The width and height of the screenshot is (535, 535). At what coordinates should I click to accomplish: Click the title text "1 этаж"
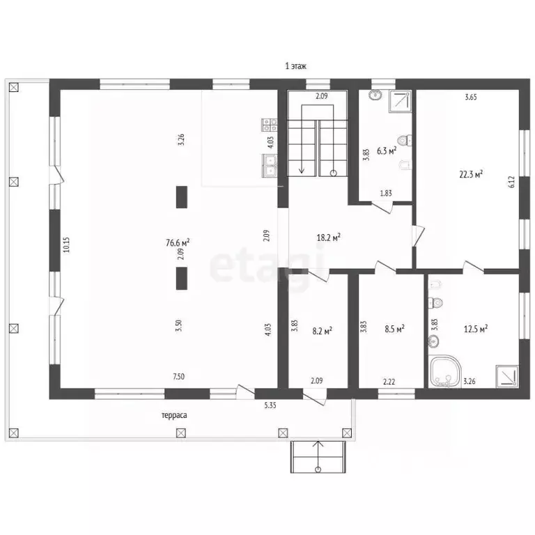click(296, 66)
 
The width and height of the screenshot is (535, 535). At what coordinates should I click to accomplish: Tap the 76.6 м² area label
click(178, 242)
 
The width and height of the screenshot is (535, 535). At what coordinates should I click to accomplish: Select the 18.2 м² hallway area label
click(329, 237)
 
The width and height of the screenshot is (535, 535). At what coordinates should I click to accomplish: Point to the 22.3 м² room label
click(471, 174)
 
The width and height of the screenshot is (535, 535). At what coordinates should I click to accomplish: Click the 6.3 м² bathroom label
click(387, 150)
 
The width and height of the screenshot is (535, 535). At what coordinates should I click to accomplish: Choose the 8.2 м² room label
click(323, 331)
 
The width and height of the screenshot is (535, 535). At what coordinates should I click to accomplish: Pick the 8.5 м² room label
click(395, 329)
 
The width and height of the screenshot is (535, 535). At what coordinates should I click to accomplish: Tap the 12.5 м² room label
click(476, 329)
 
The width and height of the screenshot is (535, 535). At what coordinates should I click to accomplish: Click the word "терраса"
click(174, 415)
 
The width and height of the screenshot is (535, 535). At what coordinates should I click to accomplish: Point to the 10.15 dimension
click(66, 245)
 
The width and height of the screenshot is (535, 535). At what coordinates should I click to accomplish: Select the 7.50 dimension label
click(179, 376)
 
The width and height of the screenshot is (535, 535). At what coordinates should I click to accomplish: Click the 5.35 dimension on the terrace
click(270, 405)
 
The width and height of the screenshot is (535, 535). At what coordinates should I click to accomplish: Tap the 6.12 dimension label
click(511, 182)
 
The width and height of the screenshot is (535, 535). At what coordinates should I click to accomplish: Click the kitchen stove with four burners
click(269, 125)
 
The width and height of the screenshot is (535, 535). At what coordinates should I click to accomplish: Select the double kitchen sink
click(269, 166)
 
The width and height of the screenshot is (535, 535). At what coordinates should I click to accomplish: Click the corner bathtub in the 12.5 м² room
click(445, 371)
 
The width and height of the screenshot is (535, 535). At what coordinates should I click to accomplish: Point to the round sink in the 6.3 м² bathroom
click(375, 95)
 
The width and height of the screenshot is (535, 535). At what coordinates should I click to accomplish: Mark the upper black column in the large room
click(182, 197)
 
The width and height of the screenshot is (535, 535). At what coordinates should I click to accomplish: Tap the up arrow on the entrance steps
click(318, 456)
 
